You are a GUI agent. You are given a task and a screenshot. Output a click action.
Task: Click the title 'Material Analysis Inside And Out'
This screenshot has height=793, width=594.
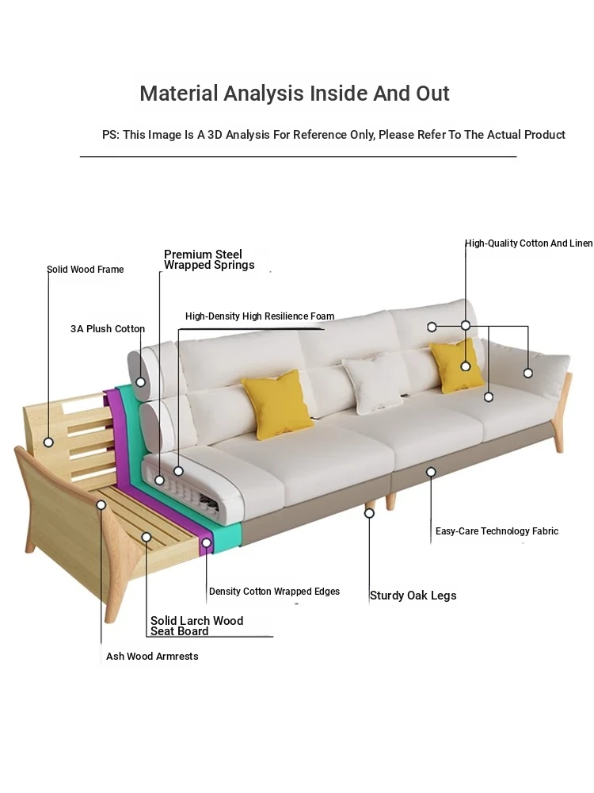[x=295, y=94]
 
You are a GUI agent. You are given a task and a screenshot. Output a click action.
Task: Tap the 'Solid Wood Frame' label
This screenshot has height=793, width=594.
[x=86, y=270]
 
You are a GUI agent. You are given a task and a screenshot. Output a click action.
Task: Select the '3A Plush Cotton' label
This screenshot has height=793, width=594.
[x=108, y=329]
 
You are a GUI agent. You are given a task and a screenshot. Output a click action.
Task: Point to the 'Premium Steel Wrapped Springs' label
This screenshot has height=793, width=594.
[x=209, y=259]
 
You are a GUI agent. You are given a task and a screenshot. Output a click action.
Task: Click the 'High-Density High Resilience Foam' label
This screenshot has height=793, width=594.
[x=260, y=316]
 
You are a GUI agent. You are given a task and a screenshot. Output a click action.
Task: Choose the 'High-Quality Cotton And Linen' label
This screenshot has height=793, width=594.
[x=529, y=243]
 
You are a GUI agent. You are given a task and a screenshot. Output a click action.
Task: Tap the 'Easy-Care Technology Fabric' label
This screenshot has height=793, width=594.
[x=497, y=531]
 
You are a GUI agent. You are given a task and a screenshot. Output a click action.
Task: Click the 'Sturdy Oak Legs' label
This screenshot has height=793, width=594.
[x=413, y=596]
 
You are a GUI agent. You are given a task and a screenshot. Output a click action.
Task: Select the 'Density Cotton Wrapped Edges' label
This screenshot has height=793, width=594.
[x=274, y=592]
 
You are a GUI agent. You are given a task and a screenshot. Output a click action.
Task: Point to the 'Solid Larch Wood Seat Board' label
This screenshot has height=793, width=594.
[x=197, y=626]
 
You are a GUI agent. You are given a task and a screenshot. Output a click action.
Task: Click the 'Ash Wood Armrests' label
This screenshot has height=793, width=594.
[x=152, y=657]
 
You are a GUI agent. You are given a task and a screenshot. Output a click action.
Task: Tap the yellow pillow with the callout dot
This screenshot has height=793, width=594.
[x=457, y=365]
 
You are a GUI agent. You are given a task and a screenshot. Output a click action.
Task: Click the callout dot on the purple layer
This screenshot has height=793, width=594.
[x=206, y=542]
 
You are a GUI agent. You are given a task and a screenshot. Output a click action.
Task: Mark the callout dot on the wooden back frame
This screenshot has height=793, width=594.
[x=48, y=442]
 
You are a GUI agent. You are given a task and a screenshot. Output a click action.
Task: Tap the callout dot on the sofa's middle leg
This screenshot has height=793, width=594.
[x=369, y=513]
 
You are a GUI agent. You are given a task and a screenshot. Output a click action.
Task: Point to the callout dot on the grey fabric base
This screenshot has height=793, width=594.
[x=431, y=472]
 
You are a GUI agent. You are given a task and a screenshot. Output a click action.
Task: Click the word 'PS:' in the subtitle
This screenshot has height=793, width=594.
[x=111, y=135]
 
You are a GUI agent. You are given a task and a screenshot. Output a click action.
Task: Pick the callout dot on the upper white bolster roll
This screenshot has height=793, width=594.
[x=140, y=382]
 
